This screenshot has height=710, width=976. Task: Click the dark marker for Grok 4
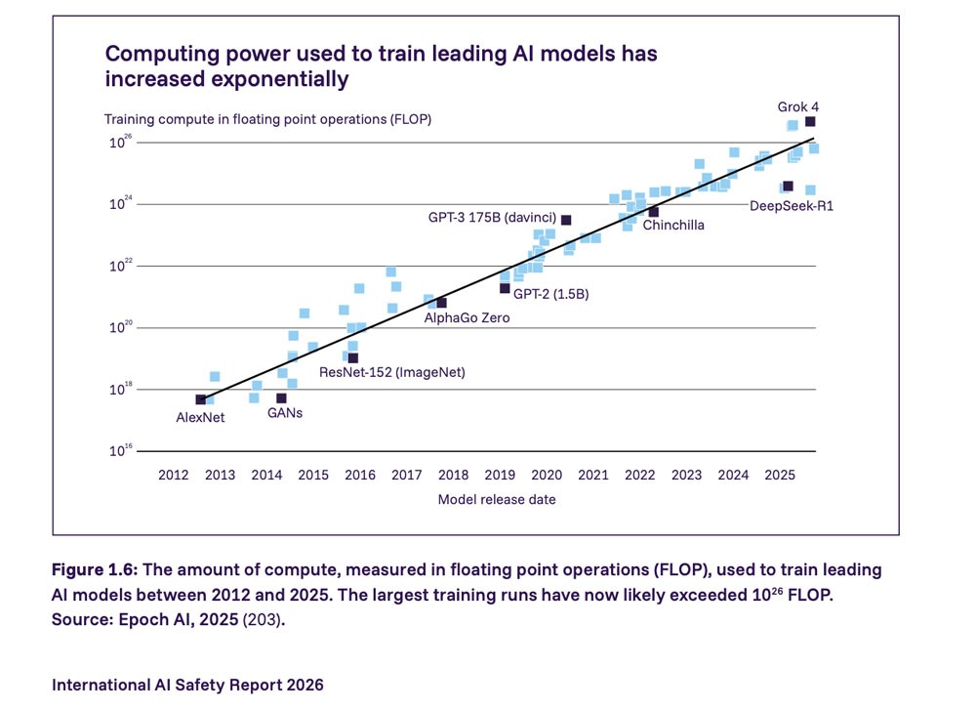pos(810,122)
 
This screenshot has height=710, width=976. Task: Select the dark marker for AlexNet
pos(201,399)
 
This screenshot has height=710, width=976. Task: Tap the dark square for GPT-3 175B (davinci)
pos(566,220)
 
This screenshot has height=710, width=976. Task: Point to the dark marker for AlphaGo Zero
pos(441,303)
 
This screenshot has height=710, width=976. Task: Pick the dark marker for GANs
pos(281,398)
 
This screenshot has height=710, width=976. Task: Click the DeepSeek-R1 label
pos(792,206)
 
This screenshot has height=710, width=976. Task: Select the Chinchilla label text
pos(673,226)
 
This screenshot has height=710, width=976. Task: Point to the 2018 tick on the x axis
pos(453,476)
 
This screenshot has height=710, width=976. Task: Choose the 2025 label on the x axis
pos(780,476)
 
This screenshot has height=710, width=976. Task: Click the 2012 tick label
pos(173,476)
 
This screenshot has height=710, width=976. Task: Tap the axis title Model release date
pos(497,499)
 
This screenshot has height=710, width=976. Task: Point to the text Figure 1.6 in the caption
pos(96,569)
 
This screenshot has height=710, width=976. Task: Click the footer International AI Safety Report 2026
pos(187,685)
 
